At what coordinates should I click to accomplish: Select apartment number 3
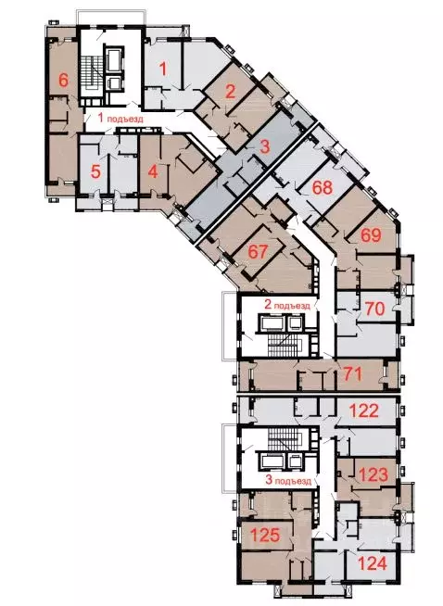(x=264, y=145)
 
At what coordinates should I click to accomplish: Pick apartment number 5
(x=95, y=171)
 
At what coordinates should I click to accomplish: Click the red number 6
(x=63, y=80)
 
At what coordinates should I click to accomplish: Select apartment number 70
(x=375, y=309)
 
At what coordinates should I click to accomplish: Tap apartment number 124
(x=371, y=562)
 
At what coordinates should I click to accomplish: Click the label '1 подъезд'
(x=121, y=119)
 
